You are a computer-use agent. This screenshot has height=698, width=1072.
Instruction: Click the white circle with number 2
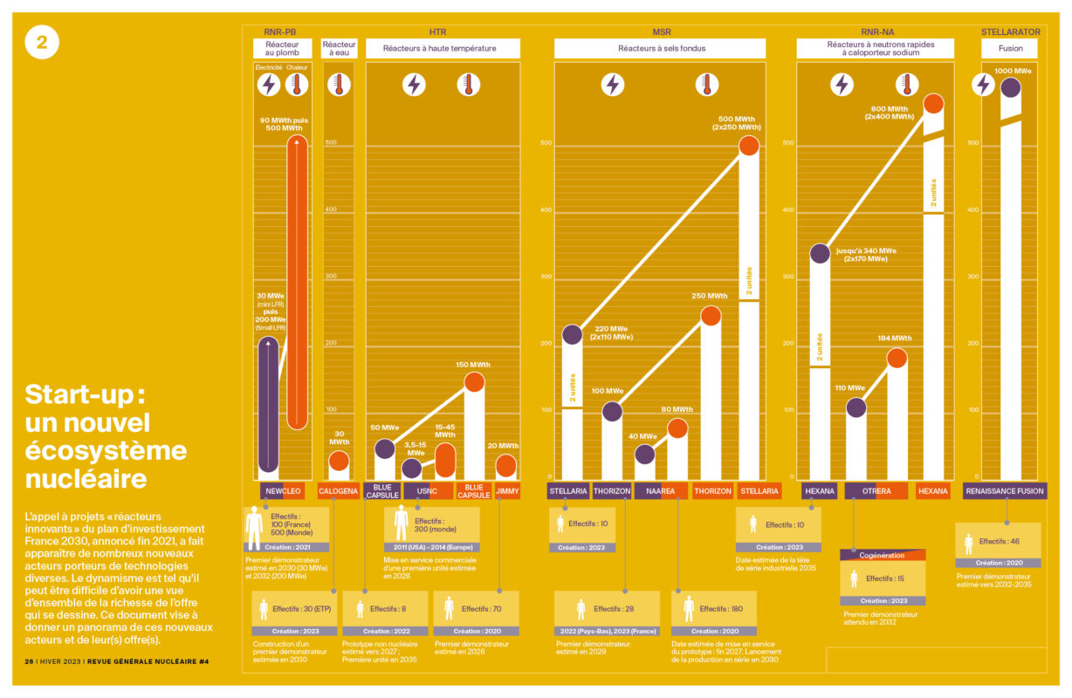pos(42,42)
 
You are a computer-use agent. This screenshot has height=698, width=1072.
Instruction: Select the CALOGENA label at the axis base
pos(338,491)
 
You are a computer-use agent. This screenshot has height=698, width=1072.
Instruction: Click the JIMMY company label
pos(507,491)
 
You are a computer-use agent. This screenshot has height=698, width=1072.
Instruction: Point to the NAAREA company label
pos(661,491)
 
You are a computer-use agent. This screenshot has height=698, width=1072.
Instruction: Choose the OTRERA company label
pos(876,491)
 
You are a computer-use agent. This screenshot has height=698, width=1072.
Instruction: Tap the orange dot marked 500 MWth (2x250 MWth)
pos(749,147)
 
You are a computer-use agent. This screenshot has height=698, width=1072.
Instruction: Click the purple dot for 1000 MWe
pos(1010,87)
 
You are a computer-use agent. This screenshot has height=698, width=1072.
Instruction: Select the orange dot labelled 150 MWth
pos(474,381)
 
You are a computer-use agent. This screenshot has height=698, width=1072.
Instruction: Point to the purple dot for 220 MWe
pos(572,334)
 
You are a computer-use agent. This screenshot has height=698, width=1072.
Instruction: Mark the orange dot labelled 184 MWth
pos(897,357)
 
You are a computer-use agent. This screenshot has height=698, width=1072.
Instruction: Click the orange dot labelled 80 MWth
pos(677,428)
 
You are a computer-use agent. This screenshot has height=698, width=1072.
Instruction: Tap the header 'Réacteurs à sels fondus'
pos(661,49)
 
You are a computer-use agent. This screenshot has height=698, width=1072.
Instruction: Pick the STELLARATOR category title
pos(1010,32)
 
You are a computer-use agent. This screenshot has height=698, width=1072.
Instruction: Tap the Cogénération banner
pos(882,556)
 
